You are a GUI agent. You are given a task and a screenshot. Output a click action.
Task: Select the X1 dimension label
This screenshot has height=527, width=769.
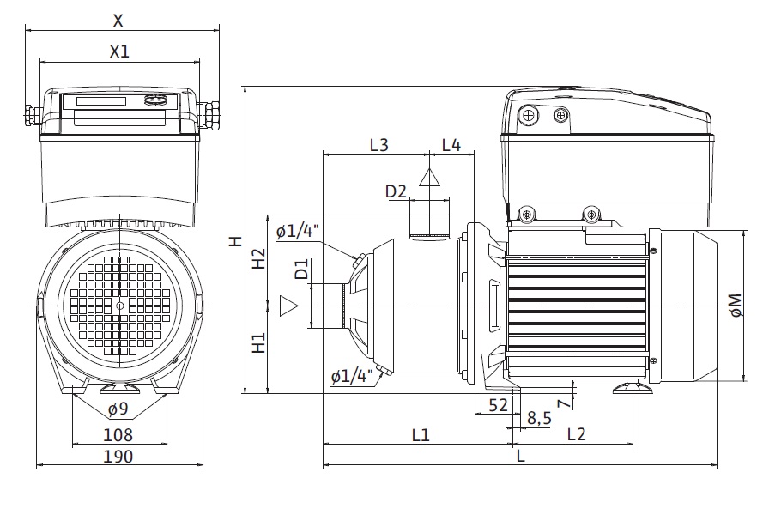[119, 51]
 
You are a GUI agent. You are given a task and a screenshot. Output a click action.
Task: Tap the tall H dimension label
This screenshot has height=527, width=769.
[234, 242]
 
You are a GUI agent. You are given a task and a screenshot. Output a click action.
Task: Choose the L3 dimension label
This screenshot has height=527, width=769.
[378, 145]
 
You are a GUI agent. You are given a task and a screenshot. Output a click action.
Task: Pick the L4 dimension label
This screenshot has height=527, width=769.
[451, 145]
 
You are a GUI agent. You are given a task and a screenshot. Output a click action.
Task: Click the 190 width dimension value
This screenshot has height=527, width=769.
[118, 457]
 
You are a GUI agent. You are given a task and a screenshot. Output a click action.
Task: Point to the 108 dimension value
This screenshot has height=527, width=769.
[118, 434]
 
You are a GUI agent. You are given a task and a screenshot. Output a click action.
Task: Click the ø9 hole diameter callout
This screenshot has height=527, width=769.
[118, 409]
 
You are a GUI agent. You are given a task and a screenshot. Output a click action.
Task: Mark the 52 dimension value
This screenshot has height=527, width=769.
[498, 404]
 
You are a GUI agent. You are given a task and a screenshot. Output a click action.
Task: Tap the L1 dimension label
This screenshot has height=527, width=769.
[420, 435]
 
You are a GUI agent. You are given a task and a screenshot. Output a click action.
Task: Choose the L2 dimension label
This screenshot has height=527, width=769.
[576, 435]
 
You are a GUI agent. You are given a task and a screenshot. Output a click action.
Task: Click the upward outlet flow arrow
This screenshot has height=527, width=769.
[428, 178]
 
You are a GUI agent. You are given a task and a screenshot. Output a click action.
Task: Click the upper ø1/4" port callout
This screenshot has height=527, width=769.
[298, 231]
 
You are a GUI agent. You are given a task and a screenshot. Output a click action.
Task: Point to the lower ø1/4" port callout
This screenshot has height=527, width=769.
[350, 375]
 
